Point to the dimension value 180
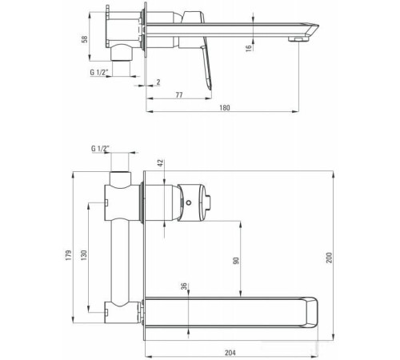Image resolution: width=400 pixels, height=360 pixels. (x=226, y=108)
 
